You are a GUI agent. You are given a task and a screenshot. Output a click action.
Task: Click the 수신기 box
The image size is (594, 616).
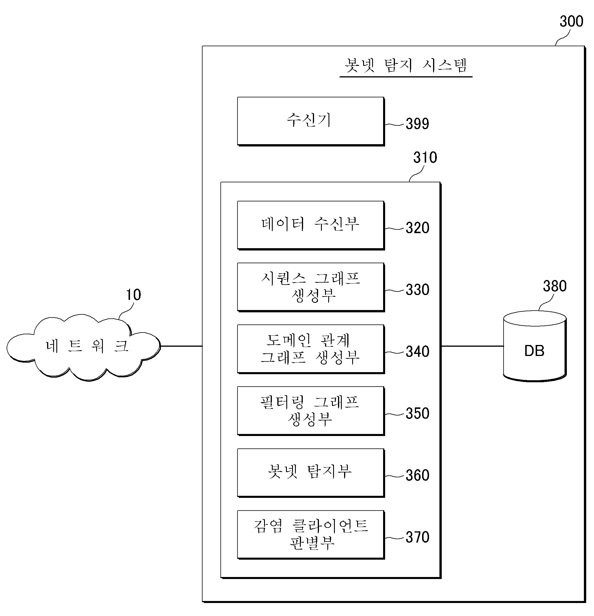pos(311,121)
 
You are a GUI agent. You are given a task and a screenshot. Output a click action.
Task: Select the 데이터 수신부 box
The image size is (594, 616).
pos(311,225)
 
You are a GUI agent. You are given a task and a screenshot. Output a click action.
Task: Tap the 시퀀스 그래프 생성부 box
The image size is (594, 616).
pos(311,287)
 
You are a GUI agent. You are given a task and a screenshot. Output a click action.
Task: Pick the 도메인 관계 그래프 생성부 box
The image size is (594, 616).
pos(311,349)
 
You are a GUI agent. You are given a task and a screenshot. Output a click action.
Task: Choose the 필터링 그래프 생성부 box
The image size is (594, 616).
pos(311,411)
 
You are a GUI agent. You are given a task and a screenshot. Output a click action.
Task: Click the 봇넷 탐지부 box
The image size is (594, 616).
pos(311,473)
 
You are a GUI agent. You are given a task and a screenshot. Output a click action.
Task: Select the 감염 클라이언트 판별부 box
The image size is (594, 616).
pos(311,535)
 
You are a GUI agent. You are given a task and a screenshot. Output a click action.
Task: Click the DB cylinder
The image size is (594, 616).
pos(534,346)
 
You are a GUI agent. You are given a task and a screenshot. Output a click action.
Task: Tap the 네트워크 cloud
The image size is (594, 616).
pos(83,347)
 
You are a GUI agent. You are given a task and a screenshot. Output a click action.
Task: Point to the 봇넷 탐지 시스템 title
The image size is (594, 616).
pos(406,65)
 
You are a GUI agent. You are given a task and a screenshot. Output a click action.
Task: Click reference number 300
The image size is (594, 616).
pos(571,21)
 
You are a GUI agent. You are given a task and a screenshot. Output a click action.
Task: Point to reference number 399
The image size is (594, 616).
pos(417,123)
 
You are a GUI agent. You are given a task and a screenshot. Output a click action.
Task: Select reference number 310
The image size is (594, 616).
pos(425,157)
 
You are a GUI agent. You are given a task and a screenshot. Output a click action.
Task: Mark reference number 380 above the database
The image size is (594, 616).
pos(555,286)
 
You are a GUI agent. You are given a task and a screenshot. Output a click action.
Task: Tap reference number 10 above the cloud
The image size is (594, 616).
pos(133,294)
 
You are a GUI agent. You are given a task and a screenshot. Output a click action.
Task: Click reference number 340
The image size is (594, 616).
pos(417,351)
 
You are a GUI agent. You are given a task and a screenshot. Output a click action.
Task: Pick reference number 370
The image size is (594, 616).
pos(417,537)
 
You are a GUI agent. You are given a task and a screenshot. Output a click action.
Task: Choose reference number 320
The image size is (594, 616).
pos(417,228)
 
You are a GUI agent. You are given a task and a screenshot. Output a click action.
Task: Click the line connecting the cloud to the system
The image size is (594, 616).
pos(181,346)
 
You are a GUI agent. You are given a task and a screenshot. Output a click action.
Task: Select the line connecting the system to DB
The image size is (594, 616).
pos(472,346)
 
